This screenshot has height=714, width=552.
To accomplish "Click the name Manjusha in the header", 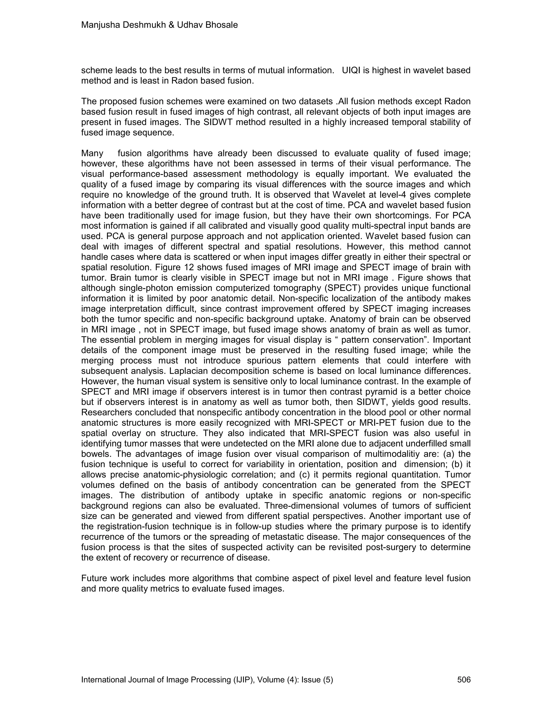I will click(101, 25).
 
